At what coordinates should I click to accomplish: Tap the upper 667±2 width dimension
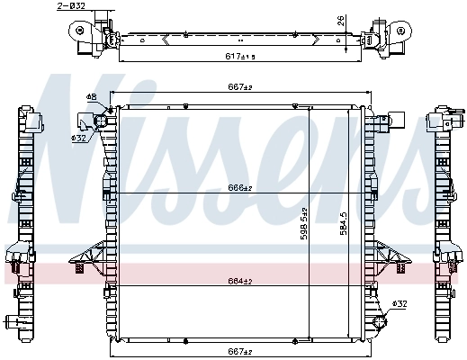point(239,88)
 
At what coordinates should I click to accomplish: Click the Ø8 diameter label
point(91,97)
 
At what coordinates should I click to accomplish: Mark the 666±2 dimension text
point(239,188)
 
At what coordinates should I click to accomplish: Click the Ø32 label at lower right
point(400,303)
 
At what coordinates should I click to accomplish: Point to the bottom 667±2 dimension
point(239,352)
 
